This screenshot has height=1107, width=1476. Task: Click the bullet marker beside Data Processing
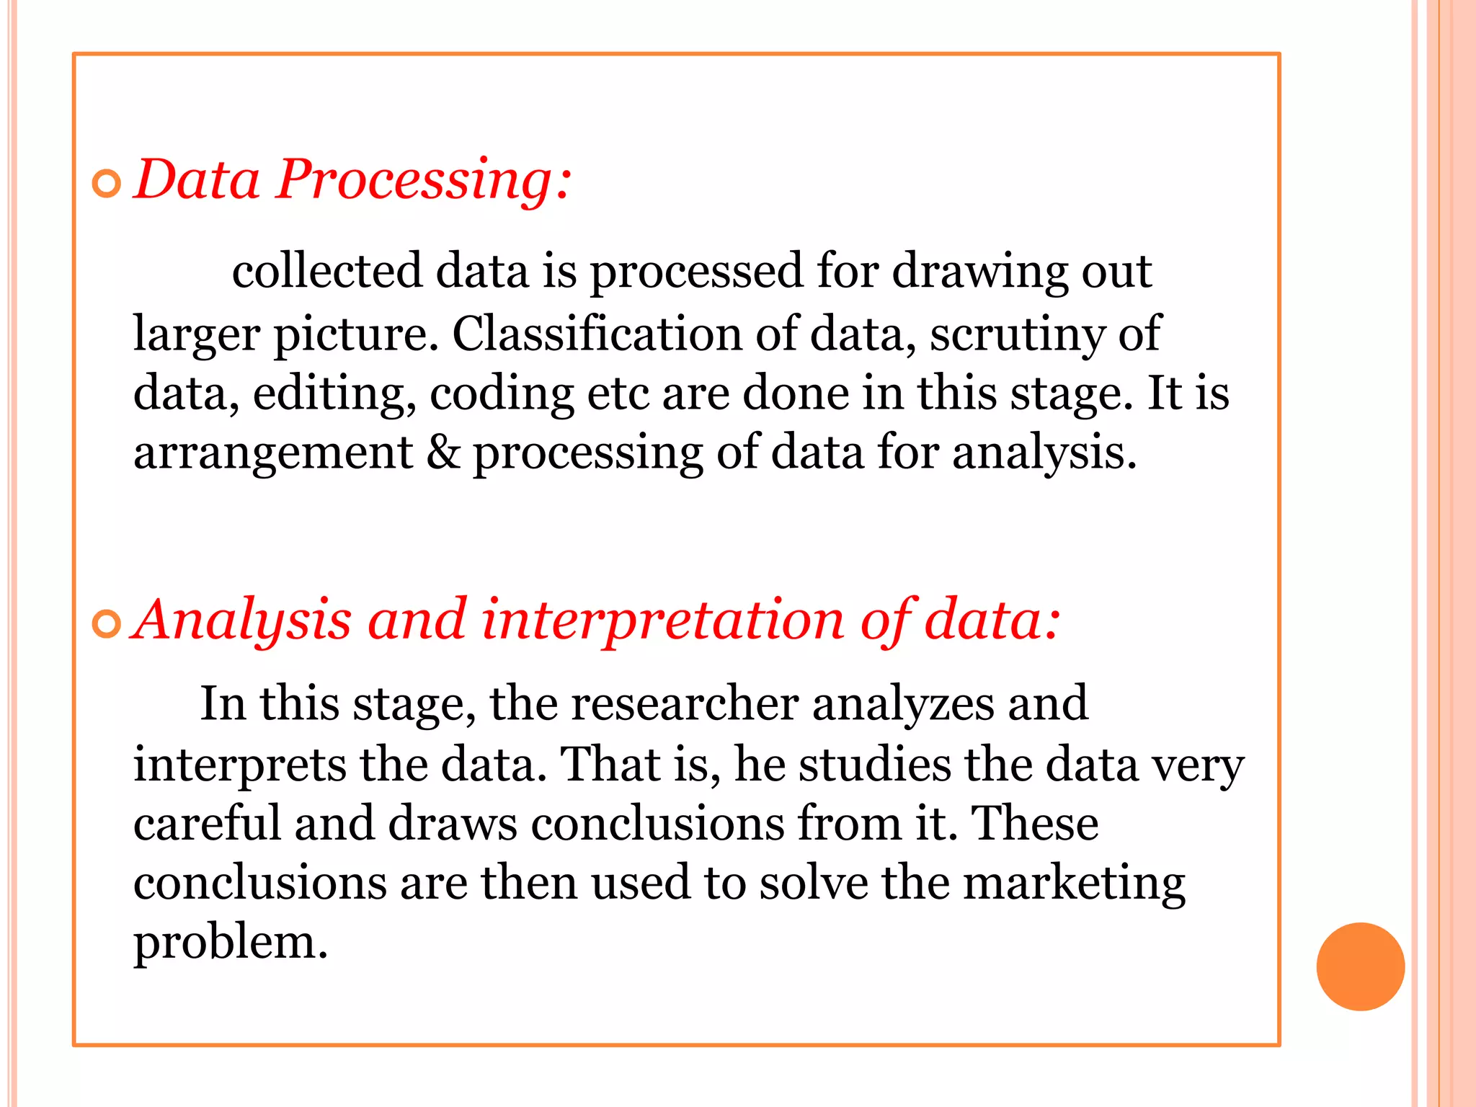click(x=107, y=184)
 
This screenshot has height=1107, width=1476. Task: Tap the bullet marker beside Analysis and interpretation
click(x=107, y=623)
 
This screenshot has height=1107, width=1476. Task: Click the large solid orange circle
click(x=1360, y=966)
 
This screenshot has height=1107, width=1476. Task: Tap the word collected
click(x=326, y=271)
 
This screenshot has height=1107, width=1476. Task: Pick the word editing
click(x=334, y=395)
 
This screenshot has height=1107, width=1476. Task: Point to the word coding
click(x=502, y=395)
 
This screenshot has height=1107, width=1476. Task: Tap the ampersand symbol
click(x=443, y=453)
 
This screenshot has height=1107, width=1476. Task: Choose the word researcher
click(x=685, y=703)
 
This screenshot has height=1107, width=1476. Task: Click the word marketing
click(x=1074, y=885)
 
